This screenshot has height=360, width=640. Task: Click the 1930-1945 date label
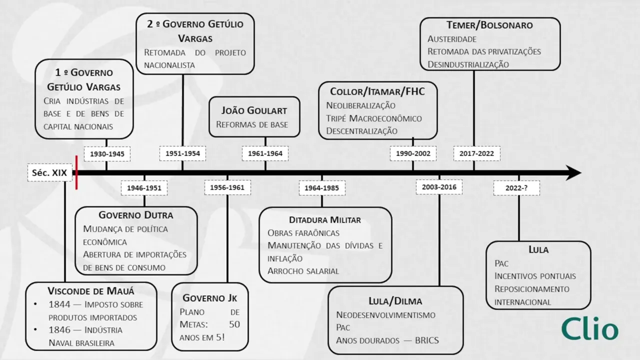(107, 154)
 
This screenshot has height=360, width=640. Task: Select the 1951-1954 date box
(182, 153)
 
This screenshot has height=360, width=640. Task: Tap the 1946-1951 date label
(144, 188)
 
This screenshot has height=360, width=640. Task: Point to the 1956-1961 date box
(227, 187)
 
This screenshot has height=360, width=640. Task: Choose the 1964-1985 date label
(322, 188)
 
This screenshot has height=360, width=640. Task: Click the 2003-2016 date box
(439, 187)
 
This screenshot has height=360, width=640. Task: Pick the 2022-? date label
(516, 188)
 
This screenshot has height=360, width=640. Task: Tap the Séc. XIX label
(50, 172)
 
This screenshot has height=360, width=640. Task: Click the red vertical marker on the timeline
(76, 172)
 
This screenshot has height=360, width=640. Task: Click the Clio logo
(589, 329)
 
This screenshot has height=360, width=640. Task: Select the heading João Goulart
(254, 110)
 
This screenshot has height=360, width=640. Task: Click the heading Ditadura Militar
(325, 220)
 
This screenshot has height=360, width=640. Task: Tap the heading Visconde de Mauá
(91, 291)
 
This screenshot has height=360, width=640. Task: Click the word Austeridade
(452, 38)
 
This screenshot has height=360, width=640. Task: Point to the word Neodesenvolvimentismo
(385, 315)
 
